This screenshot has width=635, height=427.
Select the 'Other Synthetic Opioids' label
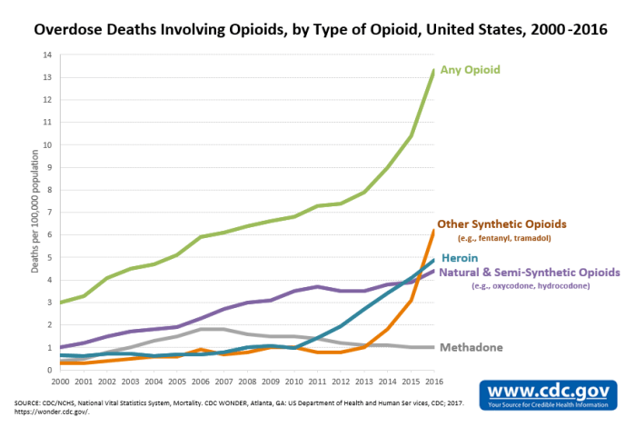click(x=501, y=223)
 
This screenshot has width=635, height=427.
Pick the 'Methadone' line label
click(x=471, y=347)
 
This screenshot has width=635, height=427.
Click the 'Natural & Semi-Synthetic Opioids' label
click(x=530, y=272)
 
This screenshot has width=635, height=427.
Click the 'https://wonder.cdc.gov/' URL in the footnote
click(x=47, y=411)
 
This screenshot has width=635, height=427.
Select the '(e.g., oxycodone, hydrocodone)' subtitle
click(x=531, y=286)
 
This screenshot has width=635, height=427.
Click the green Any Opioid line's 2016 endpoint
click(x=432, y=70)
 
